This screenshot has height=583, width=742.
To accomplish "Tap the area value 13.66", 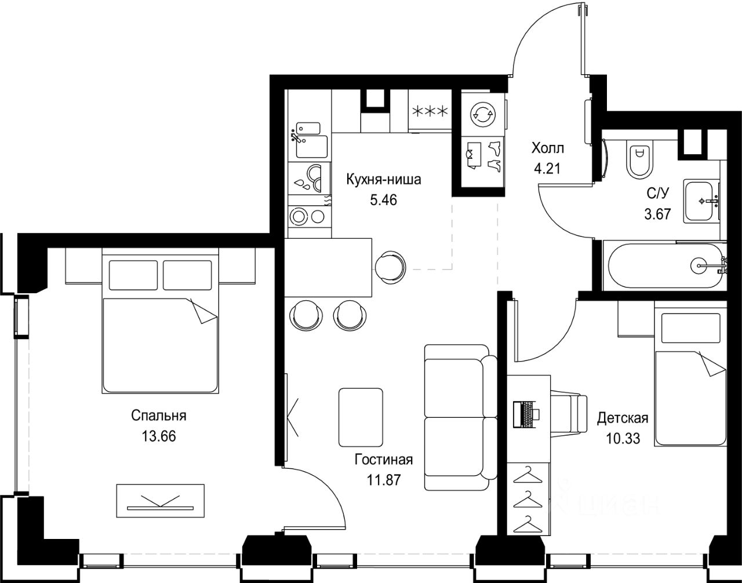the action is pos(159,436).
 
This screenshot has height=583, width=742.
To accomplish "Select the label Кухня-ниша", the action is pos(384,180).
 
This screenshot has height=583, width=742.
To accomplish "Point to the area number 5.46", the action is pos(384,200).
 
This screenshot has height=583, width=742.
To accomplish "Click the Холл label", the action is pos(548,148).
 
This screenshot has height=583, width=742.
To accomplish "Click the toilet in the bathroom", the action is pos(639,160).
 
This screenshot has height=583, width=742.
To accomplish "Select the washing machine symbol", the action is pos(482,114).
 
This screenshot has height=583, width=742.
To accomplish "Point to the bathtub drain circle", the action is pos(699,265).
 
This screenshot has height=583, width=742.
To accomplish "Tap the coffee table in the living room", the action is pos(361,417).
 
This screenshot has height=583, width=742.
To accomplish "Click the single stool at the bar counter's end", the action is pos(390,267).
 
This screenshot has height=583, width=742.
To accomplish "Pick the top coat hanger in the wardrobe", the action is pos(528,475).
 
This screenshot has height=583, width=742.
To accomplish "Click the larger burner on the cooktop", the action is pos(299,216).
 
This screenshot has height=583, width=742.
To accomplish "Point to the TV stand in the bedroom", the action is pos(160,505).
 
